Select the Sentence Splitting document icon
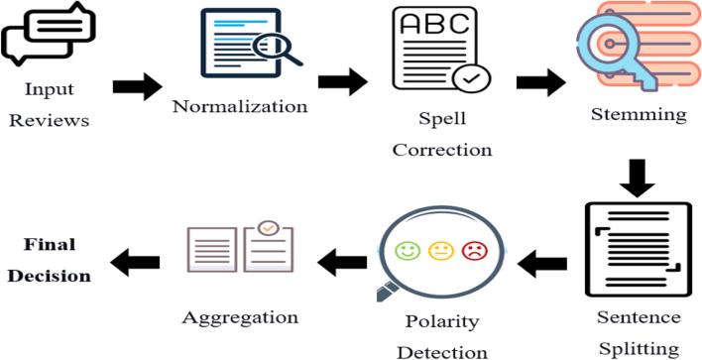click(635, 249)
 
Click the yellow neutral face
click(441, 252)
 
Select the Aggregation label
click(241, 317)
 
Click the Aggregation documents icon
click(242, 249)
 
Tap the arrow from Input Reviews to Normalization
click(137, 86)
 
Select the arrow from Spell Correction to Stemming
click(541, 82)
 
